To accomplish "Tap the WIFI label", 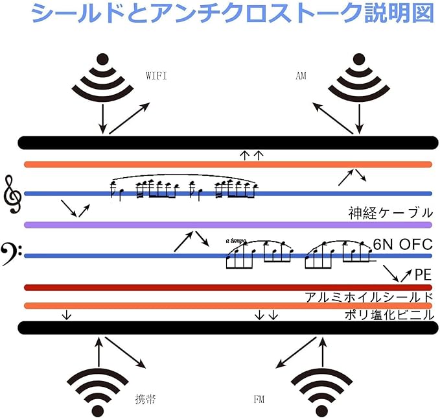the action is [x=157, y=76].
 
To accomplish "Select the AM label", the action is [x=301, y=76].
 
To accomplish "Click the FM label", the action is [x=259, y=399].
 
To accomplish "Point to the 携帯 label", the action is [x=146, y=399].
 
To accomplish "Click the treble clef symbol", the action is [x=12, y=193].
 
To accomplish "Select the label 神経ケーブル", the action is [x=389, y=213].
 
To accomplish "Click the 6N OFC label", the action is [x=402, y=245].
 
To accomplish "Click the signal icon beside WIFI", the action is [x=100, y=79].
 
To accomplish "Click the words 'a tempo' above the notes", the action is [x=236, y=240].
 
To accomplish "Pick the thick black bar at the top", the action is [x=227, y=142].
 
